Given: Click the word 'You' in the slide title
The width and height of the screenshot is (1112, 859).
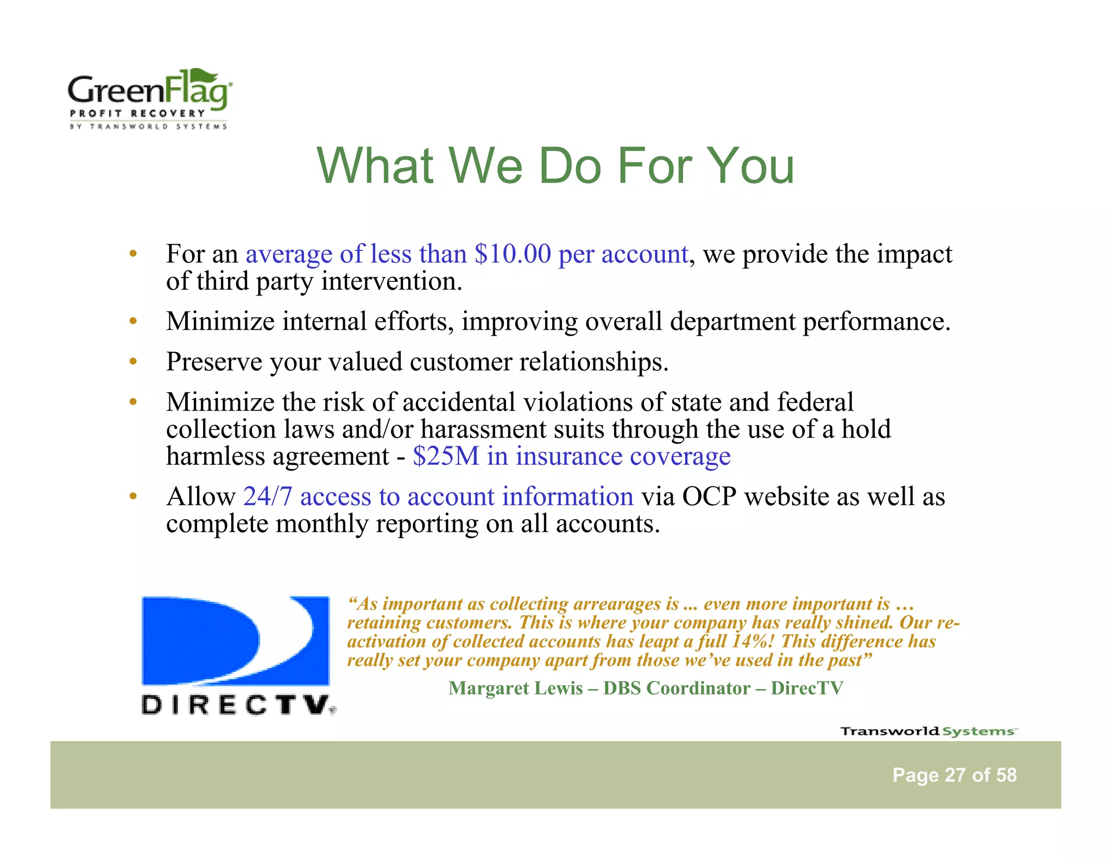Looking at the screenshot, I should coord(751,166).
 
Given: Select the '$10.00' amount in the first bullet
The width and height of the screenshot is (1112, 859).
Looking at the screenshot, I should coord(513,254).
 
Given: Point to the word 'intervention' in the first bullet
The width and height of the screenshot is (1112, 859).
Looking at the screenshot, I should coord(391,282).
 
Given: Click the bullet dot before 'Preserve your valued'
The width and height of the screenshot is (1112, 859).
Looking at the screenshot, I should coord(132,362).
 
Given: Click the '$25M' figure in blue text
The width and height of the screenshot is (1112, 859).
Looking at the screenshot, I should coord(446,456).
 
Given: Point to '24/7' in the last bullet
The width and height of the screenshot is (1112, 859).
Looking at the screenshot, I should coord(268,496).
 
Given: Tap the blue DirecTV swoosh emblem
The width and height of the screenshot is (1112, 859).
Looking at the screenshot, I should coord(235,641).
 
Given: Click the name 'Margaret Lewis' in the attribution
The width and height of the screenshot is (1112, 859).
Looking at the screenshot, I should coord(515,689).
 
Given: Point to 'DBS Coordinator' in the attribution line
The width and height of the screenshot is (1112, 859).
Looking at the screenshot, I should coord(677,689).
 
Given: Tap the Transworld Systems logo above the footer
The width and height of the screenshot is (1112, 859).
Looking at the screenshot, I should coord(928,731).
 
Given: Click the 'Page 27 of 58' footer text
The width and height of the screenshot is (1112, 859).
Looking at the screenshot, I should coord(954,775).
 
